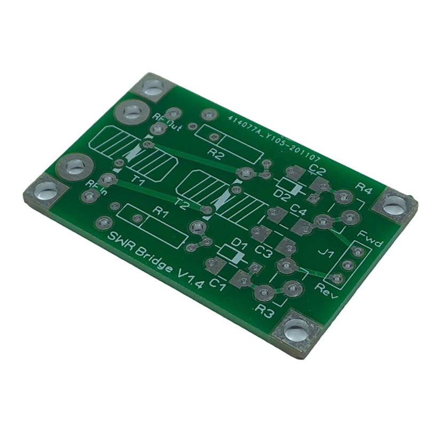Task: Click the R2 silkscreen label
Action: click(x=216, y=154)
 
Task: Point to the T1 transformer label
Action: click(x=138, y=182)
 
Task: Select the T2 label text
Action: click(x=183, y=203)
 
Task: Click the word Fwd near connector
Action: click(x=370, y=239)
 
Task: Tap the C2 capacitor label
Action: click(x=318, y=170)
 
